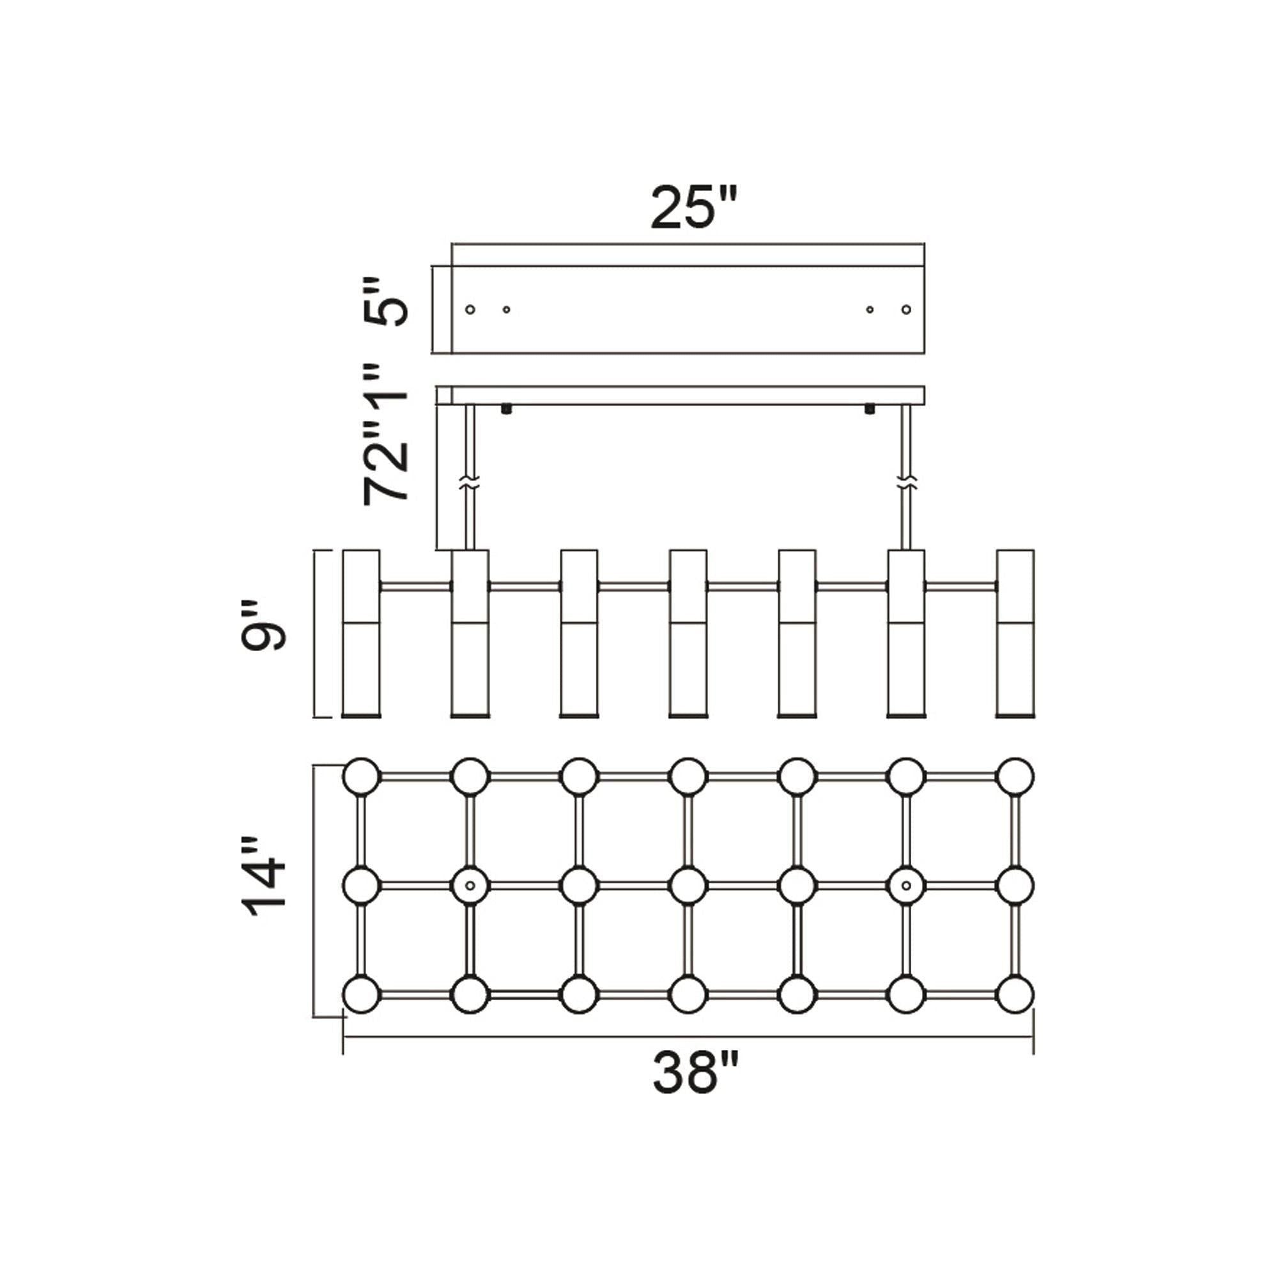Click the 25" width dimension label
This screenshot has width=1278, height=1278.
(x=693, y=208)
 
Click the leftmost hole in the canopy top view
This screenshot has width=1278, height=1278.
(x=470, y=309)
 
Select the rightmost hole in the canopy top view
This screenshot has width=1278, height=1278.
(x=906, y=309)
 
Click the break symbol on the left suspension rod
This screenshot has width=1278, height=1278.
(x=471, y=482)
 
